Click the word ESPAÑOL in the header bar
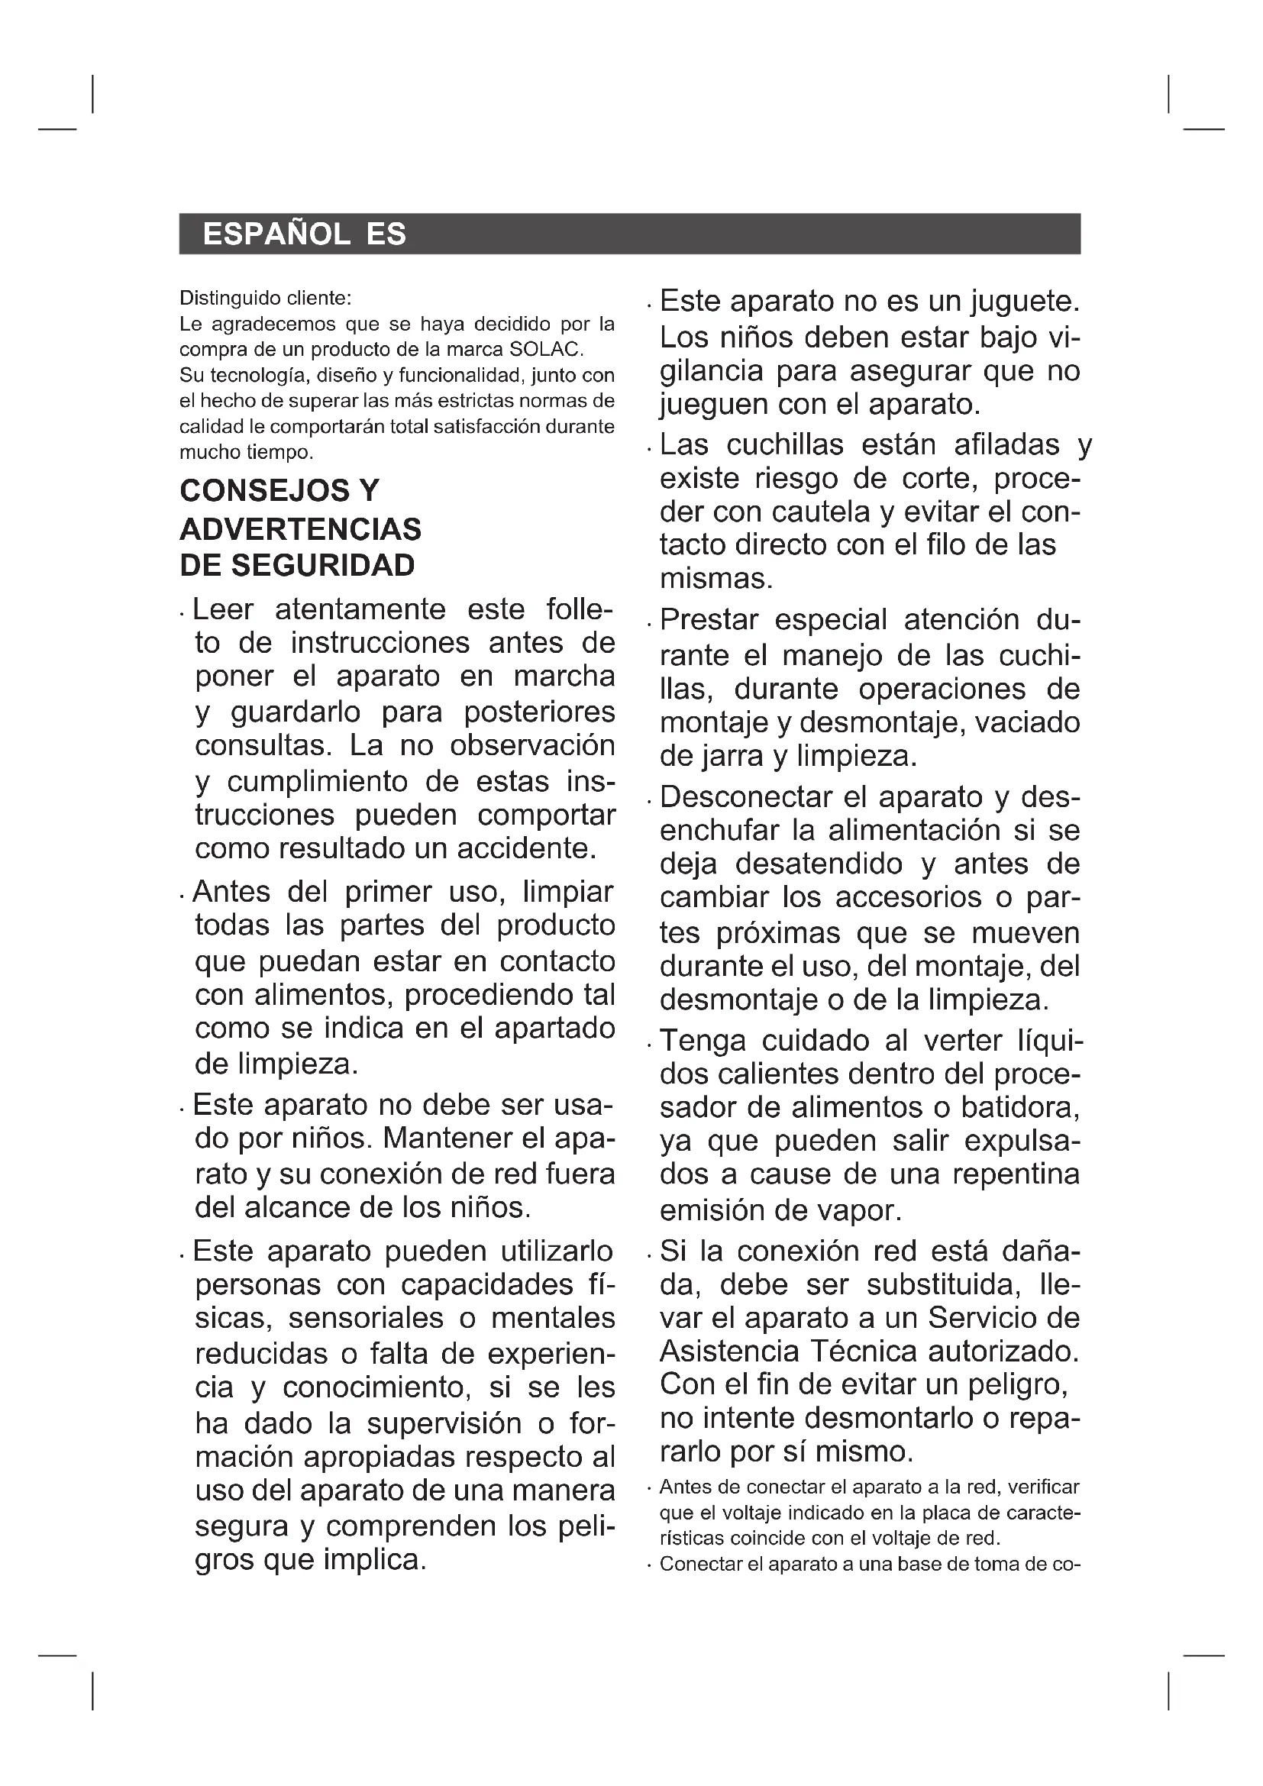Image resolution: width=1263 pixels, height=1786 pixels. point(276,234)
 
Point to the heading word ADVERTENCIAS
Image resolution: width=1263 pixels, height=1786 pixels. point(300,530)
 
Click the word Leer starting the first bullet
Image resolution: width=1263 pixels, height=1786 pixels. point(222,609)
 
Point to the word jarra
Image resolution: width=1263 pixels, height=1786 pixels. point(730,756)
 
